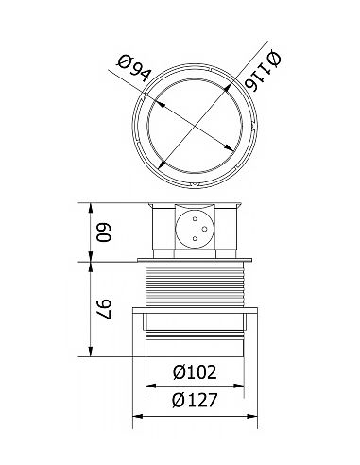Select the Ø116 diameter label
pyautogui.click(x=264, y=72)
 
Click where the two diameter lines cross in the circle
pyautogui.click(x=197, y=125)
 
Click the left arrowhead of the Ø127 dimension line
pyautogui.click(x=135, y=414)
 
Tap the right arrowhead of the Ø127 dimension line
pyautogui.click(x=258, y=414)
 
